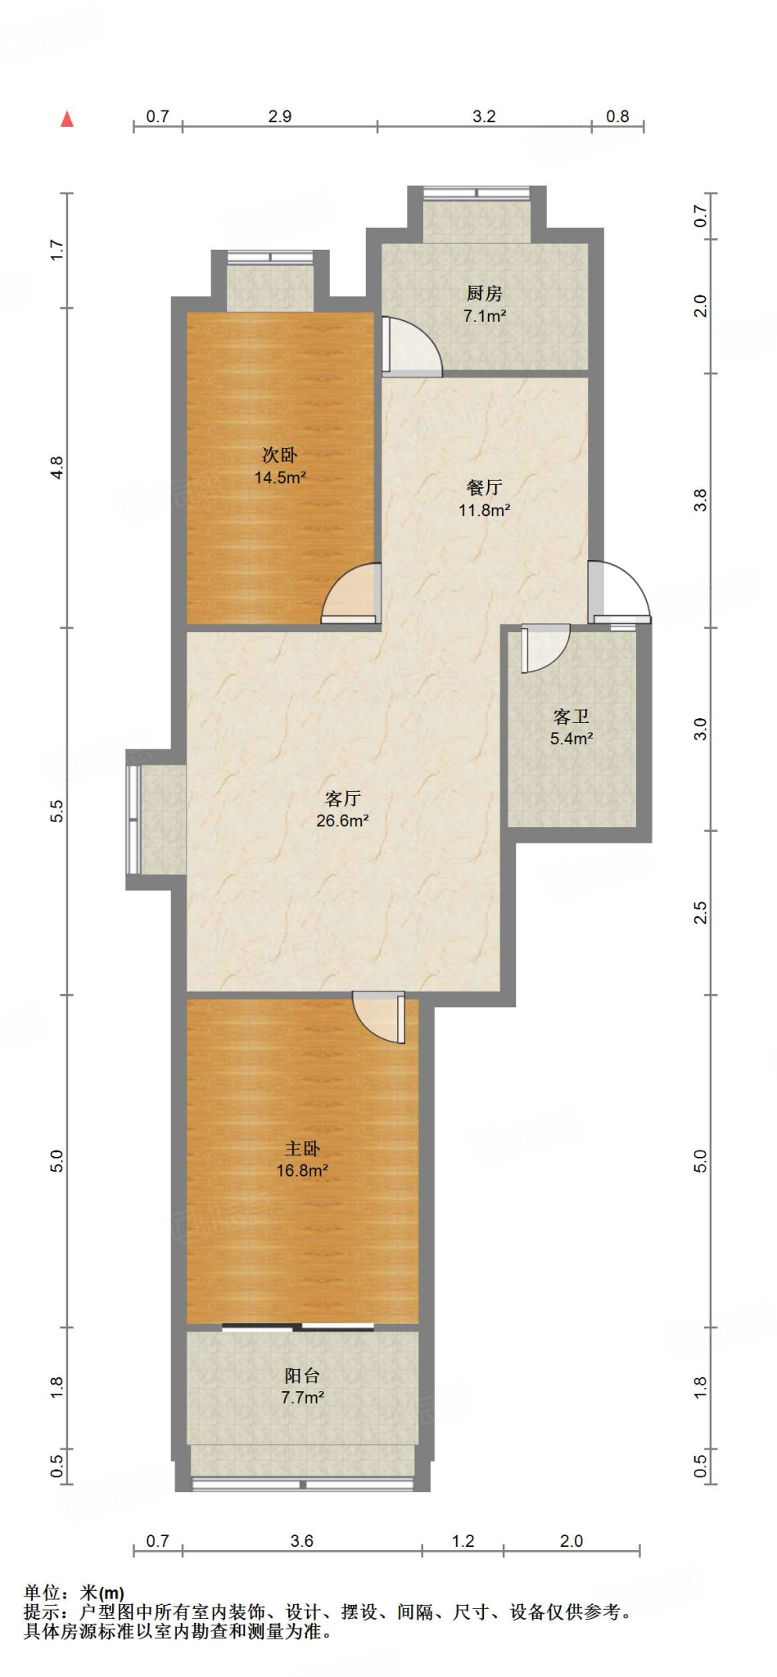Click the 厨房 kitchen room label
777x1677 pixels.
[484, 293]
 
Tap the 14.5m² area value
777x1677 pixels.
[280, 477]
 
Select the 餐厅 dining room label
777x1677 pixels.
[484, 487]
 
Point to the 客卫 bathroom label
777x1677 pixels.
[571, 716]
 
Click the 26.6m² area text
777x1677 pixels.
[342, 820]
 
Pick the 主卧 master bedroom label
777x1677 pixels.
[302, 1149]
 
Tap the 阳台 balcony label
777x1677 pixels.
[302, 1376]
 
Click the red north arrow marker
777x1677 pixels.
[67, 119]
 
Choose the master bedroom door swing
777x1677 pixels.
[379, 1018]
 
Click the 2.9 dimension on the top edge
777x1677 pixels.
[280, 116]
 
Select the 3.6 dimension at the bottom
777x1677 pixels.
[302, 1540]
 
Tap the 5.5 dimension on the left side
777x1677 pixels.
[56, 811]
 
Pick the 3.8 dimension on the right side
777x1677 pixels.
[700, 500]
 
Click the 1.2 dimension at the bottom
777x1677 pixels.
[463, 1540]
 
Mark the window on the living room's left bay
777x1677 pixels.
[133, 819]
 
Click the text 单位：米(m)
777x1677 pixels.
[74, 1593]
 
